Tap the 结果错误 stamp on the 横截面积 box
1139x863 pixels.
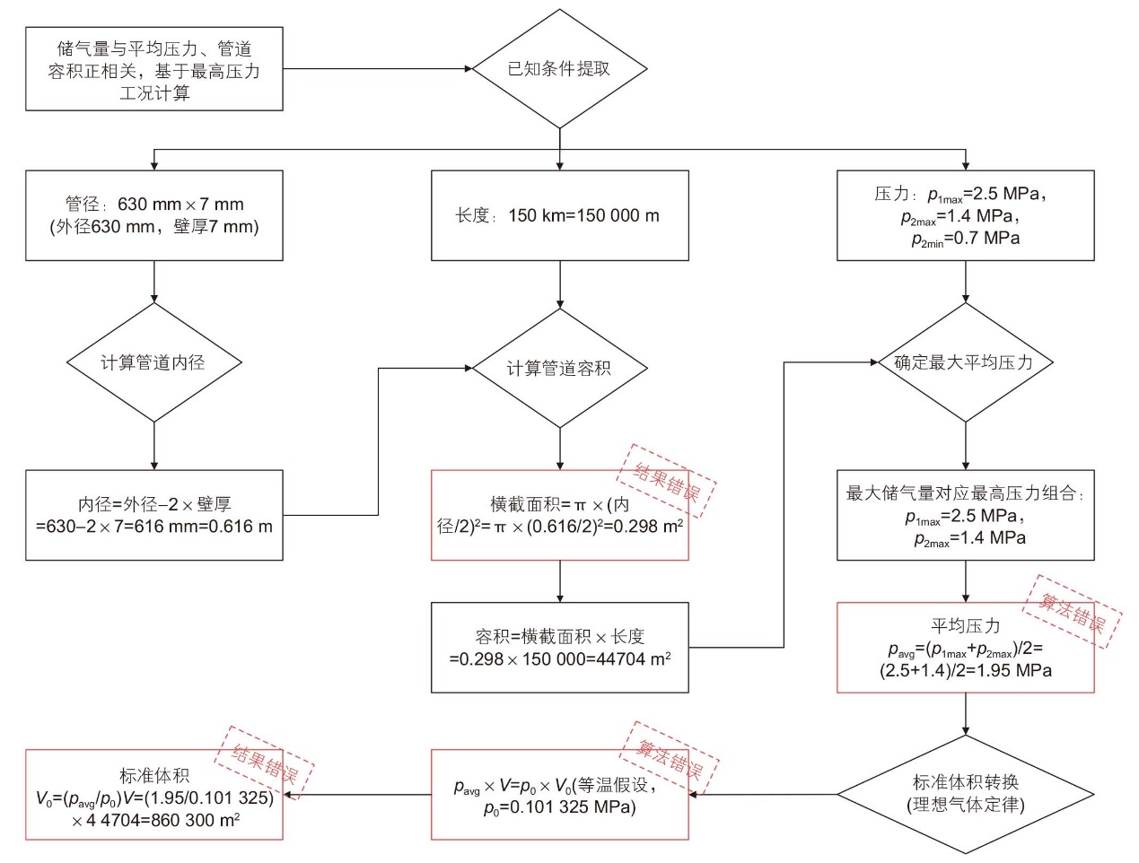coord(666,481)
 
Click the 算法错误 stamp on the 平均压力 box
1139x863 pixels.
coord(1072,612)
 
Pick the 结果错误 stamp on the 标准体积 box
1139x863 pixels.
coord(264,763)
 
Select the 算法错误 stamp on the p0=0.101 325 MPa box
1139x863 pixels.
coord(670,758)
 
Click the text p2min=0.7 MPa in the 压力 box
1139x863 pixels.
coord(966,239)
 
